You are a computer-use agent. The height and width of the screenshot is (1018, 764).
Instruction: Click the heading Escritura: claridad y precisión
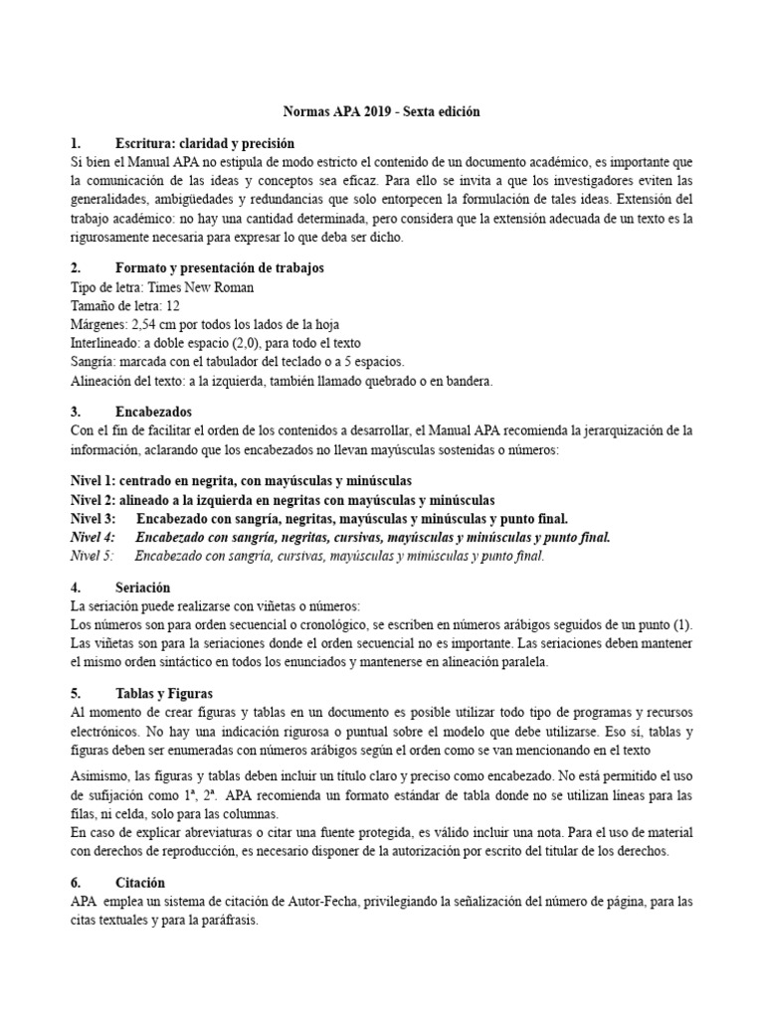[x=205, y=143]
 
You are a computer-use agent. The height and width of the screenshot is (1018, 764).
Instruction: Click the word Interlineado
[x=106, y=344]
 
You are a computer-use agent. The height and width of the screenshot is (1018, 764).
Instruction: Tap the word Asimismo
[x=99, y=777]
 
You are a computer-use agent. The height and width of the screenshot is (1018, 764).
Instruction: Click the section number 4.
[x=76, y=588]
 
